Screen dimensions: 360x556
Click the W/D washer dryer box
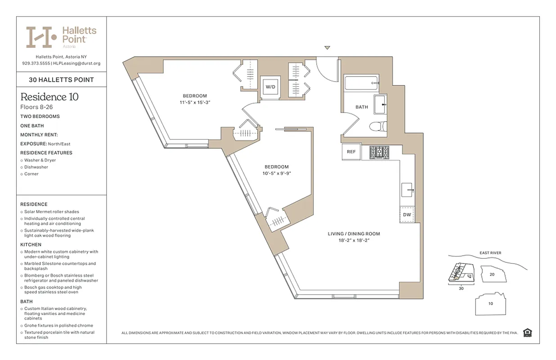(x=270, y=86)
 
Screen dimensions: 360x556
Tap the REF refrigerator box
(x=351, y=152)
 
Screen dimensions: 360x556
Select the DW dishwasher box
(x=407, y=215)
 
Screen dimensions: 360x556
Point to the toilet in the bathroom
(x=378, y=127)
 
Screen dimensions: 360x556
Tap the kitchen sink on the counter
(x=408, y=190)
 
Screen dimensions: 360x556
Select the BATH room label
(x=362, y=107)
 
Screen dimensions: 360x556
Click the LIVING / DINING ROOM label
(x=354, y=234)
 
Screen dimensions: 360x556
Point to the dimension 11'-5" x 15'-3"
(x=195, y=103)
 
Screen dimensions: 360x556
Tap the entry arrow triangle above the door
(x=327, y=48)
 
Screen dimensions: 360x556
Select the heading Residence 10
(x=49, y=97)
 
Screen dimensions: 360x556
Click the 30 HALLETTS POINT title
(x=61, y=80)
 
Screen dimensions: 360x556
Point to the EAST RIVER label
(x=490, y=253)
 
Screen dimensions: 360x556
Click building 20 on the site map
(x=492, y=274)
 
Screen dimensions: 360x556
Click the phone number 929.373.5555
(x=36, y=63)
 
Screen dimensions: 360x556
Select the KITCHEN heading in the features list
(x=30, y=244)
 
